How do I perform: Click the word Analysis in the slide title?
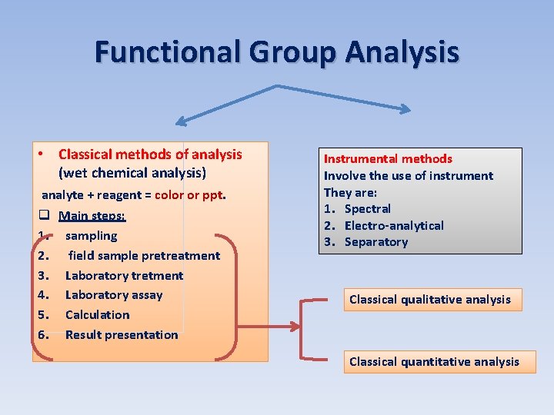(x=402, y=52)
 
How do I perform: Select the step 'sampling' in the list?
(x=91, y=236)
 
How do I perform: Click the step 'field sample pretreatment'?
(x=144, y=256)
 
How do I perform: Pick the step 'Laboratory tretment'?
(x=124, y=275)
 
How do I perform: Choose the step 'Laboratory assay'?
(x=114, y=295)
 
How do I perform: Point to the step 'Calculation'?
(x=97, y=315)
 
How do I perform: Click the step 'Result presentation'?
(x=122, y=335)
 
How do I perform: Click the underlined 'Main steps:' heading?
(x=92, y=216)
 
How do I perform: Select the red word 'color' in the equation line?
(x=171, y=195)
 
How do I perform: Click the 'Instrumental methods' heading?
(x=388, y=159)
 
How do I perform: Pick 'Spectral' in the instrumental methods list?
(x=367, y=209)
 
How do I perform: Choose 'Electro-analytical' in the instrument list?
(x=394, y=226)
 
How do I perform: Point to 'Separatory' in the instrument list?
(x=375, y=242)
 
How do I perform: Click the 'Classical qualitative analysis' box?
(x=429, y=300)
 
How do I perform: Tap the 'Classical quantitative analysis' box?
(x=434, y=362)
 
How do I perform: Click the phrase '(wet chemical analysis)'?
(x=132, y=173)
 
